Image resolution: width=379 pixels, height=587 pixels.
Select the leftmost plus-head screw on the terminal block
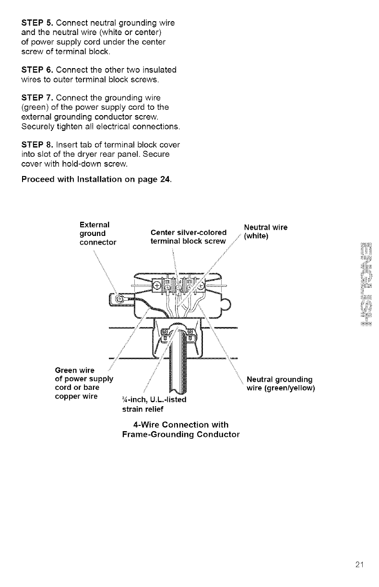pyautogui.click(x=157, y=286)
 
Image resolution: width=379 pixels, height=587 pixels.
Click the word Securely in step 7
pyautogui.click(x=38, y=127)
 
